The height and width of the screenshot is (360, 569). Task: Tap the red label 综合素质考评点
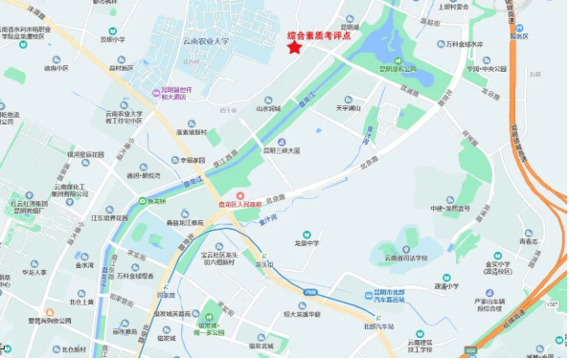pyautogui.click(x=323, y=38)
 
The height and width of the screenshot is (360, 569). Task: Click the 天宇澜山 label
pyautogui.click(x=347, y=109)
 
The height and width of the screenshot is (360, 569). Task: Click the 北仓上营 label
pyautogui.click(x=82, y=302)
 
